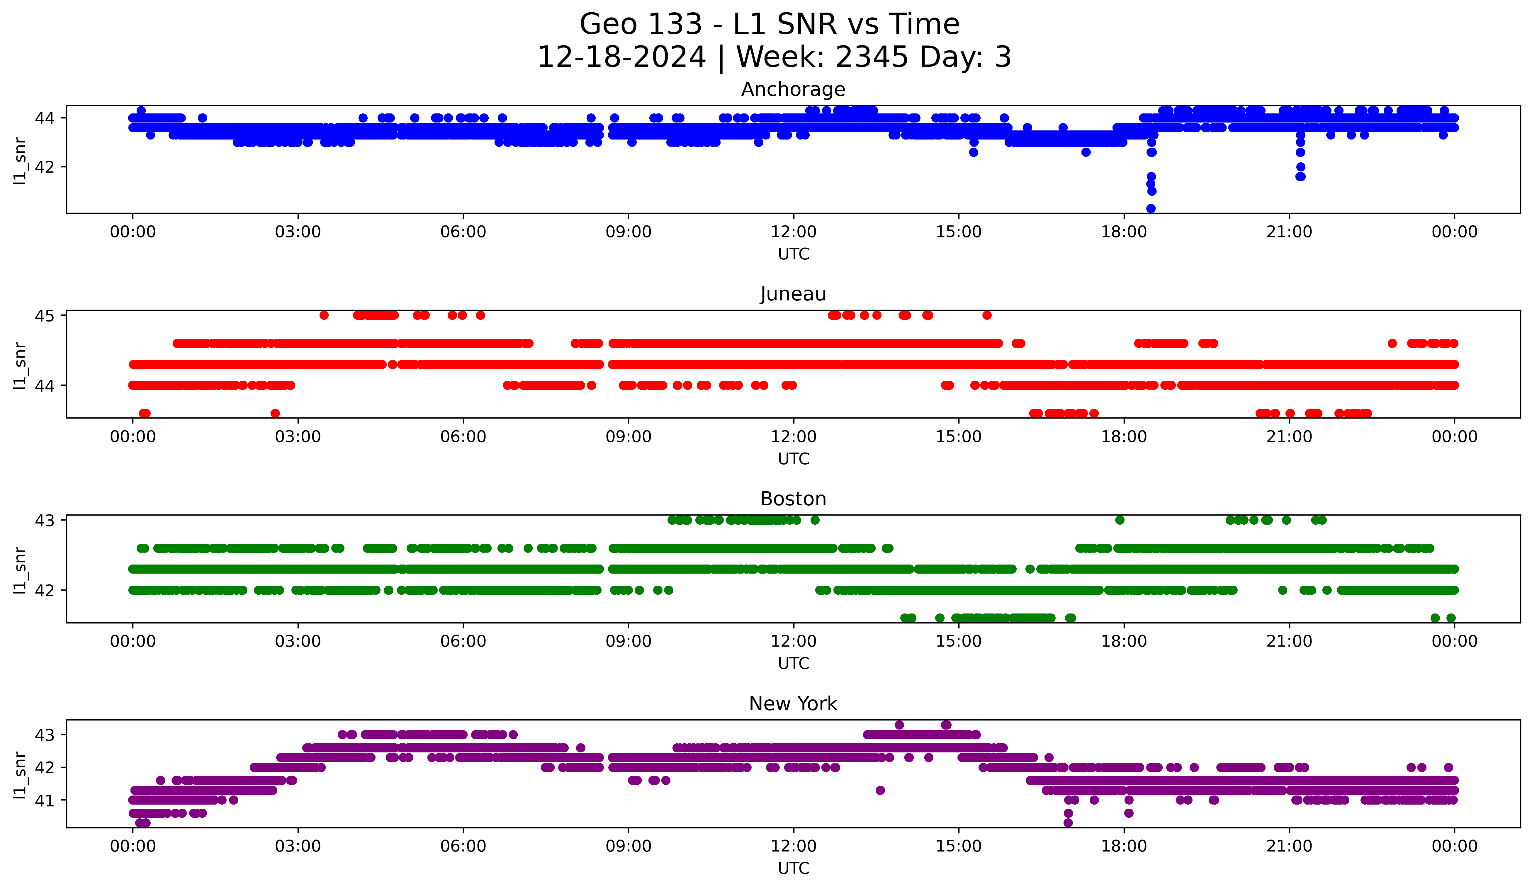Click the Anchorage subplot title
(793, 89)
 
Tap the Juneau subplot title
(793, 294)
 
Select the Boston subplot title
(793, 499)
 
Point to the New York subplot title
(793, 704)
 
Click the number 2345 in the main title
(872, 57)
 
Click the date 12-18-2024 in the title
(621, 57)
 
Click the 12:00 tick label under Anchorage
(793, 232)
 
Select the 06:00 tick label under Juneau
(463, 437)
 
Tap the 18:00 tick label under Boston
(1123, 642)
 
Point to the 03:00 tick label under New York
(298, 846)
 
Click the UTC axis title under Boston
(793, 664)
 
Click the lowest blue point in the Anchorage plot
(1151, 208)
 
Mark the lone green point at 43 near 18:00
(1120, 520)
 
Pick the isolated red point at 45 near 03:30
(324, 315)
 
